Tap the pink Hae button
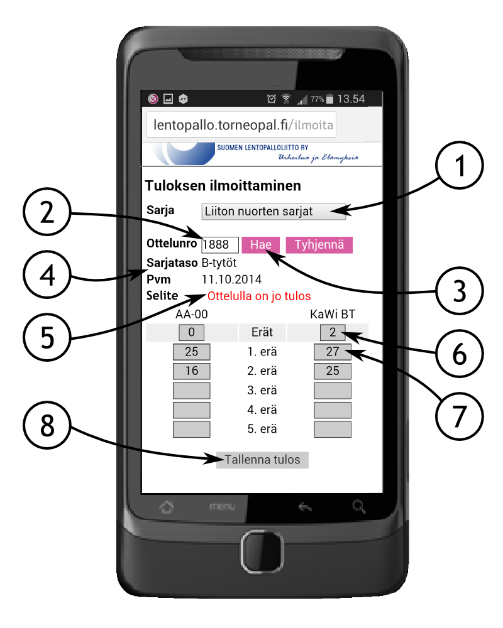[261, 245]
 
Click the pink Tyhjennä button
[319, 245]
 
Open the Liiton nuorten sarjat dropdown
[274, 212]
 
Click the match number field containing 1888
[220, 245]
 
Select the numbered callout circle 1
[460, 165]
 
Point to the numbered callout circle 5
[47, 337]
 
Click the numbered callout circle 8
[47, 425]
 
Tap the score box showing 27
[333, 352]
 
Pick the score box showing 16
[191, 371]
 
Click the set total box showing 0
[191, 332]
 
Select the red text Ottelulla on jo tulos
[259, 296]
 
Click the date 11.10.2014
[231, 279]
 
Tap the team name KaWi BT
[333, 315]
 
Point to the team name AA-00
[192, 315]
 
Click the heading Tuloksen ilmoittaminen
[223, 186]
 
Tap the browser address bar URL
[243, 126]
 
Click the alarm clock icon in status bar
[272, 99]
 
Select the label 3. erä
[262, 391]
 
